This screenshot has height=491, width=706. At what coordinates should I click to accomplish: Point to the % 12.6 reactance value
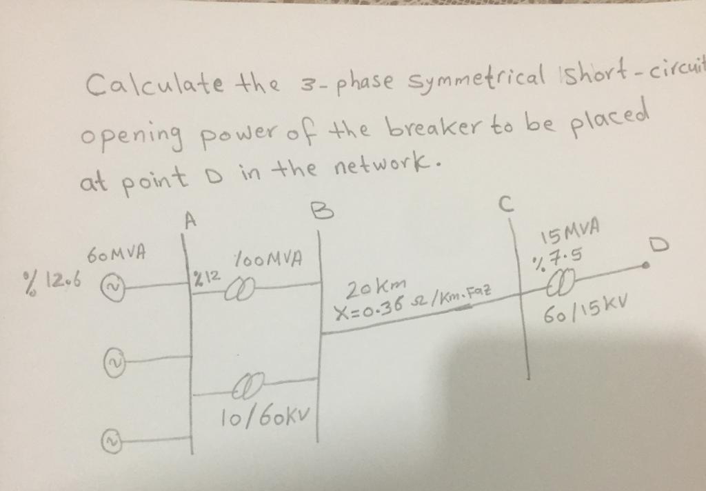point(48,280)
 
